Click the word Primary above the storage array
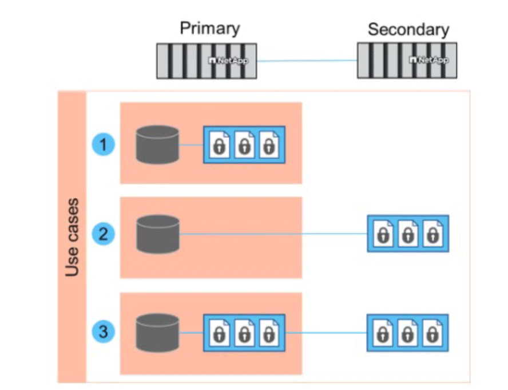pyautogui.click(x=210, y=28)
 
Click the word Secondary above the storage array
pyautogui.click(x=408, y=29)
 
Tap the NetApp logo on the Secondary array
pyautogui.click(x=429, y=60)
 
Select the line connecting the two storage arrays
pyautogui.click(x=306, y=60)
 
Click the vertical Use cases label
pyautogui.click(x=72, y=238)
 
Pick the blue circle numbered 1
pyautogui.click(x=104, y=144)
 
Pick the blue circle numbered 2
pyautogui.click(x=104, y=234)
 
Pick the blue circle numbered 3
pyautogui.click(x=104, y=331)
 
